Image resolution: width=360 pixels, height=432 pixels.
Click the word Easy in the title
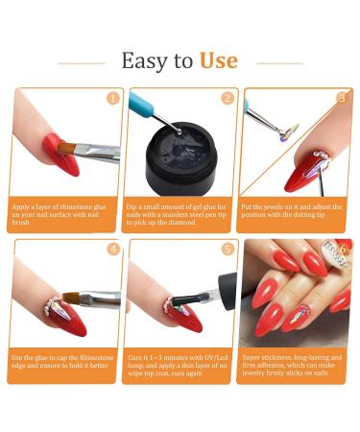pos(145,61)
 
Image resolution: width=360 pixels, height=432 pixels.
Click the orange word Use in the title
pos(218,61)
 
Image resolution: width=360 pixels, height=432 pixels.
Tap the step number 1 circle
pos(112,98)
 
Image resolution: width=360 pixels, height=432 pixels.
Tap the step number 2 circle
pos(227,98)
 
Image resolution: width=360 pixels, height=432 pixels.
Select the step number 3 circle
pos(341,98)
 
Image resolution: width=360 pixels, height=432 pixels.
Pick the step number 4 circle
pos(112,249)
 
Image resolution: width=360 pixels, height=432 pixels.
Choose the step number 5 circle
pos(227,249)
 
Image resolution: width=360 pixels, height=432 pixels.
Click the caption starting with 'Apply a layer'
pos(63,213)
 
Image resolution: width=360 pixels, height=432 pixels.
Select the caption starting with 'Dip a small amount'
pos(180,213)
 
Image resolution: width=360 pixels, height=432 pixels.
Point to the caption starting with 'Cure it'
pos(180,364)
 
